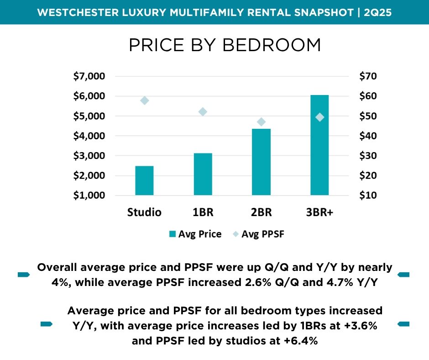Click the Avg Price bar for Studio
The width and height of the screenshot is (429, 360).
[144, 181]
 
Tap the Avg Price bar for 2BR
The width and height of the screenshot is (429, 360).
[261, 162]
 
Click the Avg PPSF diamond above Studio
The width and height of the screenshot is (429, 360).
[145, 101]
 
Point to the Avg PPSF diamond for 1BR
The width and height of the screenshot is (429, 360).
[203, 112]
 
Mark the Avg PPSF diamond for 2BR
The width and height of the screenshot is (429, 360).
[261, 122]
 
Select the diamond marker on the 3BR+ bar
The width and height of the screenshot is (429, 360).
[319, 117]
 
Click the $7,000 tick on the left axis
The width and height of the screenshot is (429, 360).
[89, 76]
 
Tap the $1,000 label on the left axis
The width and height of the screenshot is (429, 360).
[89, 196]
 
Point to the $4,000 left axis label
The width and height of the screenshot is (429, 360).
[89, 136]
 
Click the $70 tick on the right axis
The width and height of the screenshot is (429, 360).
[367, 76]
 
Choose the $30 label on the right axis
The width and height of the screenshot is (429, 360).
[367, 156]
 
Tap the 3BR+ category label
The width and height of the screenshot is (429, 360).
[319, 212]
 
